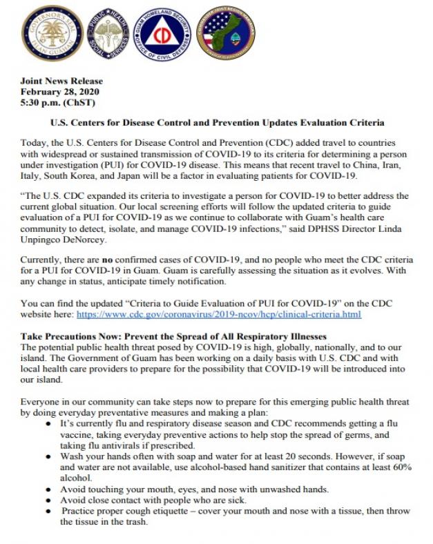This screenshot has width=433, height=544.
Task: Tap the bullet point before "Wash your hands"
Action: (x=47, y=457)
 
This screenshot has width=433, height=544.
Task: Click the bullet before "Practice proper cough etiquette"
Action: (x=47, y=512)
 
